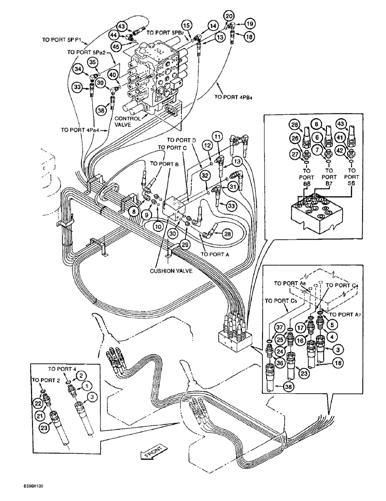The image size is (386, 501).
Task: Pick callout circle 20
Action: point(229,17)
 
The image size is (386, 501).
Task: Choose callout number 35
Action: point(93,62)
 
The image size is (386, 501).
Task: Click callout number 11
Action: point(216,136)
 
